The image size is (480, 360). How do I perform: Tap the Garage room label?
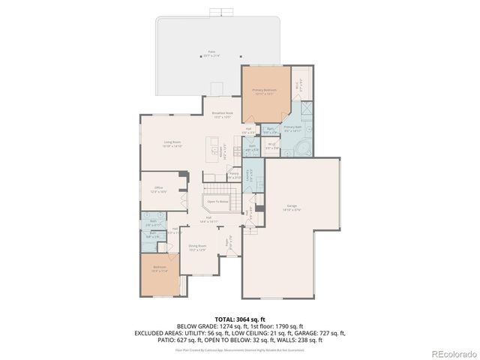pos(291,207)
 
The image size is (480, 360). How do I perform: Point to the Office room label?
pos(159,189)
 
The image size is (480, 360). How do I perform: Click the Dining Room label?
pos(197,247)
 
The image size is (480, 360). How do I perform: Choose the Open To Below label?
pos(217,201)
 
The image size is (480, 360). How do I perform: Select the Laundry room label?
pos(250,175)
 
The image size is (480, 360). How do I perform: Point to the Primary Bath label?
pos(292,128)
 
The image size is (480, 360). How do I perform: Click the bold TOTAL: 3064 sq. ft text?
pos(239,319)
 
